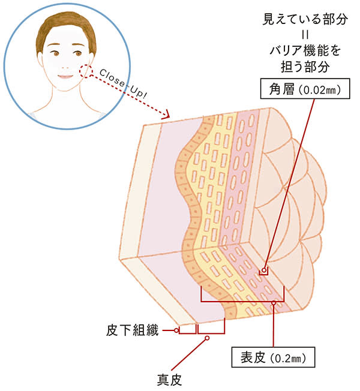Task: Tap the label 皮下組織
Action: [141, 330]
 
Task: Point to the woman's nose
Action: [64, 65]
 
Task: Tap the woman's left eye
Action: [76, 53]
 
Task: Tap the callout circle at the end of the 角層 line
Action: [262, 272]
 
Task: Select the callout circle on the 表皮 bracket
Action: [274, 303]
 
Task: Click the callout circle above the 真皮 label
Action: [207, 339]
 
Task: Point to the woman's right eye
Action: [53, 54]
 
